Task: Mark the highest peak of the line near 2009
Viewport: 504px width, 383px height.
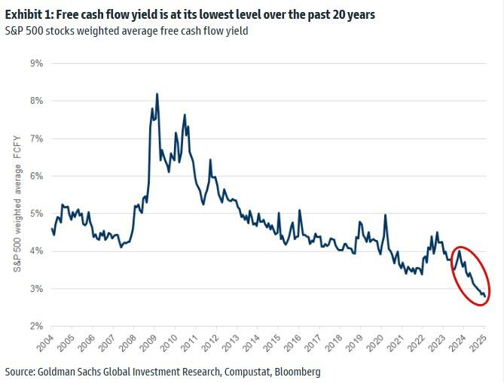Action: coord(157,94)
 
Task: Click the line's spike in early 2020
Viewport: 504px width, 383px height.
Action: coord(386,215)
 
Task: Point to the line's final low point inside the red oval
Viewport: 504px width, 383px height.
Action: coord(484,296)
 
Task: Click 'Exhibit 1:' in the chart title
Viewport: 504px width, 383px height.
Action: coord(28,15)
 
